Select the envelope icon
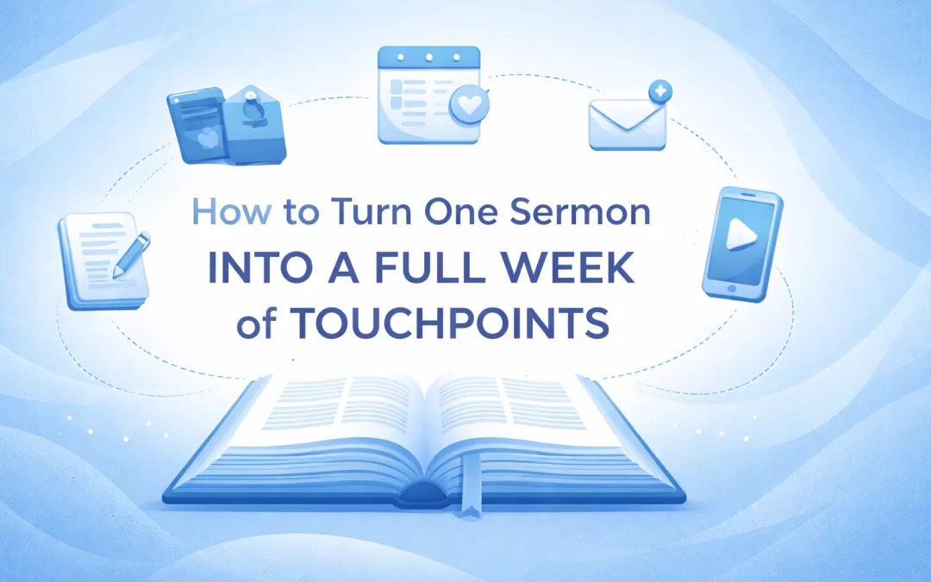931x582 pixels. tap(621, 124)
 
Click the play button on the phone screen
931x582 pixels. tap(737, 239)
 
